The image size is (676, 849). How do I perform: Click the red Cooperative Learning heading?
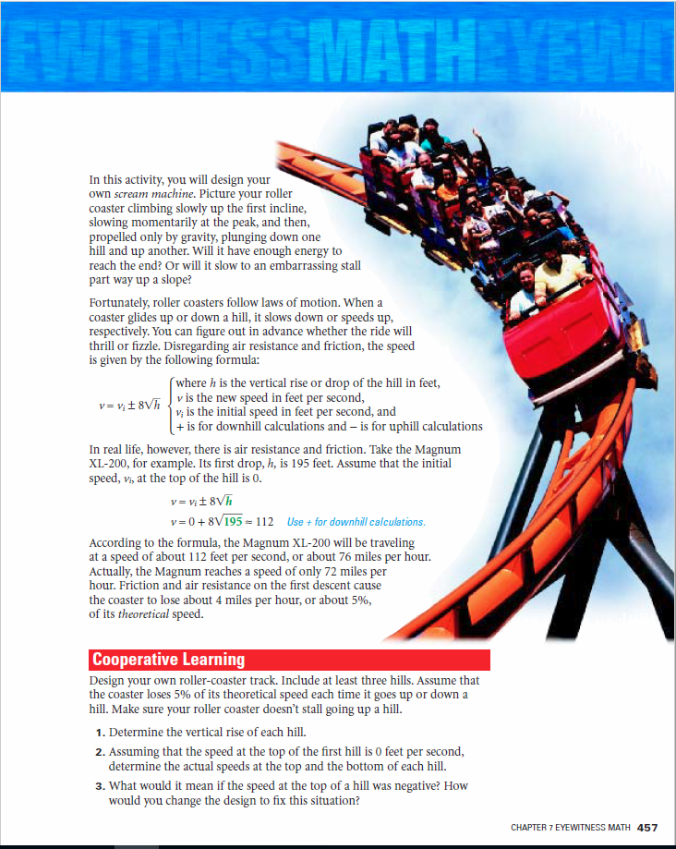pos(168,660)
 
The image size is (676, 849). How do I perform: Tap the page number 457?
pos(647,827)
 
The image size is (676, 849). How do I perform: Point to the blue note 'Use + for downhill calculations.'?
pos(356,522)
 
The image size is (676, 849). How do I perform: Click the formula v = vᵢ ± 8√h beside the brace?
pos(128,405)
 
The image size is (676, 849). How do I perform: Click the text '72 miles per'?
pos(350,572)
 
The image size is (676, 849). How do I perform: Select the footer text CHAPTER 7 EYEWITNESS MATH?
pos(570,828)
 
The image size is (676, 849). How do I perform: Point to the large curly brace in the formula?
pos(168,405)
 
